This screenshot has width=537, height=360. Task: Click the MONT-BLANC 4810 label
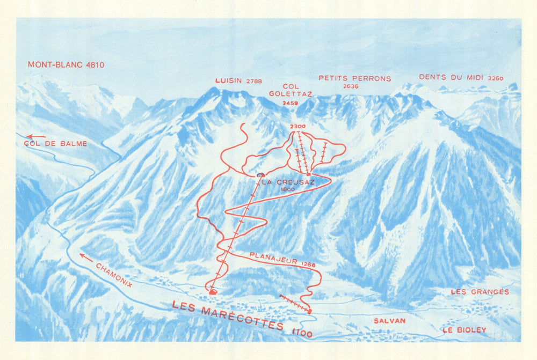66,65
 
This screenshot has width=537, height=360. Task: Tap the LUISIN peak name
229,81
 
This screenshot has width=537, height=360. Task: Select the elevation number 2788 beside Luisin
254,82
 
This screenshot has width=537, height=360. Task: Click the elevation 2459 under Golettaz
283,102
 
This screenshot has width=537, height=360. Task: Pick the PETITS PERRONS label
354,78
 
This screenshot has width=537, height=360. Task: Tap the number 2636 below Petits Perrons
350,86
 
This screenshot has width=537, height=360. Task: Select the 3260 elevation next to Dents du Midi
496,78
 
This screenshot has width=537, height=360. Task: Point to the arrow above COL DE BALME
36,137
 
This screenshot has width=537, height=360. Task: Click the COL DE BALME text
55,144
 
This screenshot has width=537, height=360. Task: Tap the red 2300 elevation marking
297,126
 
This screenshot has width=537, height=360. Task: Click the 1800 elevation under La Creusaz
288,189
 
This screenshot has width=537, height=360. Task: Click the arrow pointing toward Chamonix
85,256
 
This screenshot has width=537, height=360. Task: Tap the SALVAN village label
389,321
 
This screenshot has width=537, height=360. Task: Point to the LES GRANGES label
480,292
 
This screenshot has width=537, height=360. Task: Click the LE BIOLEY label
464,330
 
